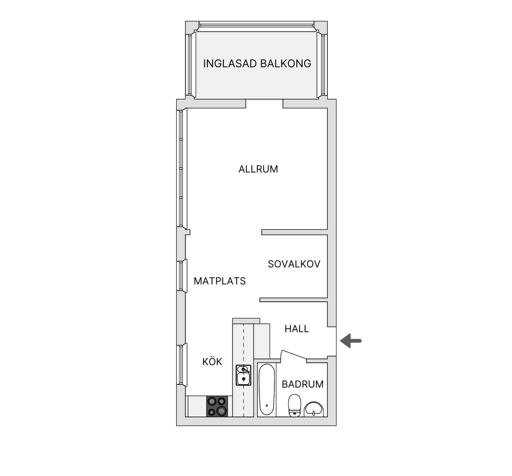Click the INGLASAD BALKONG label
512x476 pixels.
(257, 64)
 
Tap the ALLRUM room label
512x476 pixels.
(258, 169)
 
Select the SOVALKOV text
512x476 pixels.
(294, 264)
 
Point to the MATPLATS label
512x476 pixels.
(219, 281)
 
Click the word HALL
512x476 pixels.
(297, 329)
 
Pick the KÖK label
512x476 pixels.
(212, 362)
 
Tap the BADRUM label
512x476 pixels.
(302, 384)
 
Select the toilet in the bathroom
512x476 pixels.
(294, 405)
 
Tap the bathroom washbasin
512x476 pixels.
(314, 409)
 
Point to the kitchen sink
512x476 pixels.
(243, 375)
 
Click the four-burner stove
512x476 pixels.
(217, 406)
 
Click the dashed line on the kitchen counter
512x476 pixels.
(243, 346)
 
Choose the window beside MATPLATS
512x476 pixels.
(181, 276)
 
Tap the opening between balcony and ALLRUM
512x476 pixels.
(264, 103)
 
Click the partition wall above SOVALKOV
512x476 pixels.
(294, 232)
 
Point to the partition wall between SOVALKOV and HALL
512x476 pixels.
(293, 300)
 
